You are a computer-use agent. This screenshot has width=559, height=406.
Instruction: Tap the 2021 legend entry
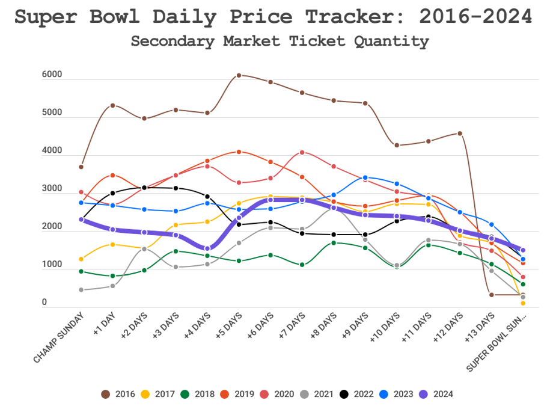pos(317,394)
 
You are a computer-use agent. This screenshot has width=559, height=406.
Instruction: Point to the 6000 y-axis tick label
pos(52,75)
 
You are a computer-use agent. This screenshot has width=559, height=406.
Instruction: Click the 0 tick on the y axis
pos(44,303)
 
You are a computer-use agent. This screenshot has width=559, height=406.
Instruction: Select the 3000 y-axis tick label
pos(52,189)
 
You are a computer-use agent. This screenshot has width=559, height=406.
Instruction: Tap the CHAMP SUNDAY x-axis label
pos(58,337)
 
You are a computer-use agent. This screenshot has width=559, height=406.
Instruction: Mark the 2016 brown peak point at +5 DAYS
pos(239,75)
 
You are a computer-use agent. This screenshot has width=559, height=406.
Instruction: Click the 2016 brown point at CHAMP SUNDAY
pos(81,167)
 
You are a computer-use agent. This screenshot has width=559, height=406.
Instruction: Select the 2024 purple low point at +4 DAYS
pos(207,248)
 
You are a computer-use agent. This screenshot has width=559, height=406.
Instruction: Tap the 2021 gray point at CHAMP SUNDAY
pos(81,290)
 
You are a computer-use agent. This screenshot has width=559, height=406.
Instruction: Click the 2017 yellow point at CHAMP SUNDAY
pos(81,259)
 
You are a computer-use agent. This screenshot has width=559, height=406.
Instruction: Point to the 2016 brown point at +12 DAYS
pos(460,134)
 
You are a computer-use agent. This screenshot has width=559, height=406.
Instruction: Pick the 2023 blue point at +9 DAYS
pos(365,177)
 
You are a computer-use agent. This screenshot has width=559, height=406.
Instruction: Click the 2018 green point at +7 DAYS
pos(302,265)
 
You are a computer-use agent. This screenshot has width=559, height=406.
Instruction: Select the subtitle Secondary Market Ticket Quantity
pos(279,41)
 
